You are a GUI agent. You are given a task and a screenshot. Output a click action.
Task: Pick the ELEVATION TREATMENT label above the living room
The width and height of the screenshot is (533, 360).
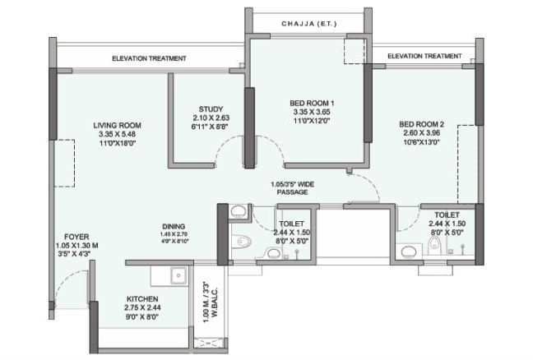tap(149, 58)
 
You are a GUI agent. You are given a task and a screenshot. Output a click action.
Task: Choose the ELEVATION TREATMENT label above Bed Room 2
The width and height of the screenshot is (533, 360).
tap(424, 56)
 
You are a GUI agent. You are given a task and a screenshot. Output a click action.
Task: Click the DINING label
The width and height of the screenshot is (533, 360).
tap(173, 226)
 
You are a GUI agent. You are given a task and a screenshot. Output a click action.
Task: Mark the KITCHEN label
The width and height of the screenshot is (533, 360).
tap(142, 298)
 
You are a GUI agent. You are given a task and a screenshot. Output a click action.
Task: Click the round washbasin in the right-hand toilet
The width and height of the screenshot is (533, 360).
tap(408, 252)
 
